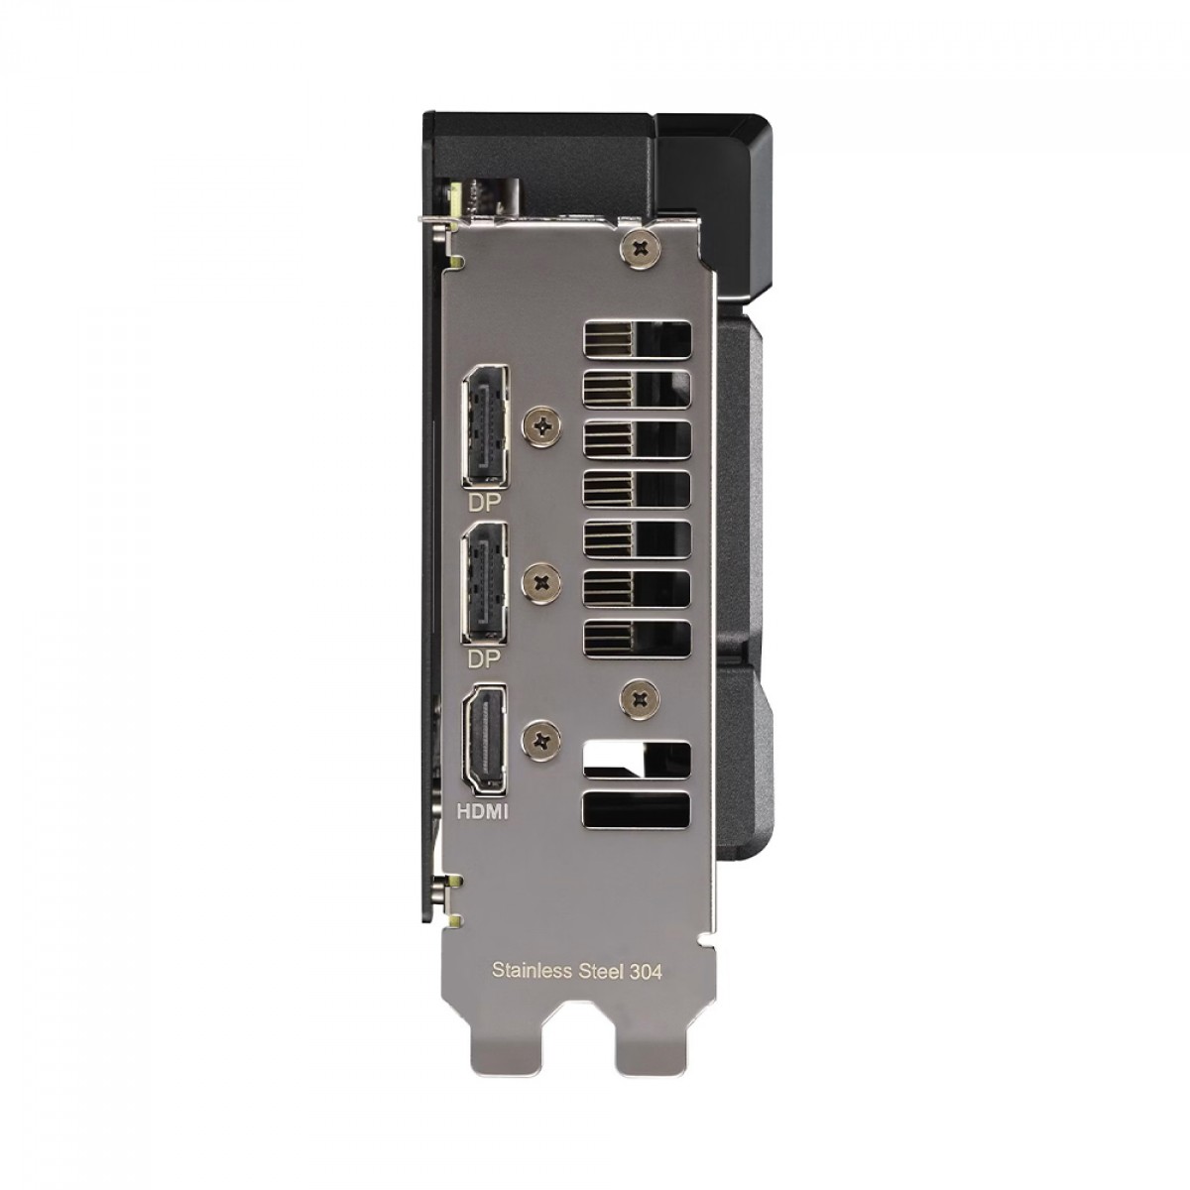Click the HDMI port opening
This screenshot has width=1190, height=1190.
pos(485,739)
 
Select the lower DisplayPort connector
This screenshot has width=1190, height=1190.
pos(485,582)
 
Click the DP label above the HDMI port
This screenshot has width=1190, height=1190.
pos(484,660)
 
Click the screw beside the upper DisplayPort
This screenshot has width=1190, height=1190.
pos(542,425)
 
